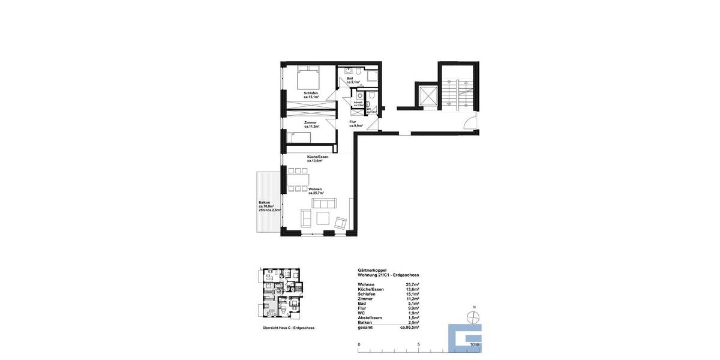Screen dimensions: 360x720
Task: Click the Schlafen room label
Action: click(x=311, y=94)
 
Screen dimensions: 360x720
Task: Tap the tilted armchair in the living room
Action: click(x=341, y=223)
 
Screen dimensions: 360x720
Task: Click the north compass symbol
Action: click(x=474, y=318)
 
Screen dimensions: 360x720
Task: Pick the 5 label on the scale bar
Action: click(x=418, y=344)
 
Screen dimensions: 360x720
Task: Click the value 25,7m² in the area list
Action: click(x=412, y=284)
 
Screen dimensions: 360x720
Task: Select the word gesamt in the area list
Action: click(x=365, y=328)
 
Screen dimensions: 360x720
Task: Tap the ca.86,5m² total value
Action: click(x=410, y=328)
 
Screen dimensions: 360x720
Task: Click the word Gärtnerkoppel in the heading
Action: click(x=372, y=270)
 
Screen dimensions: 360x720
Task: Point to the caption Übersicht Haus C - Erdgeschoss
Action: click(x=288, y=328)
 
